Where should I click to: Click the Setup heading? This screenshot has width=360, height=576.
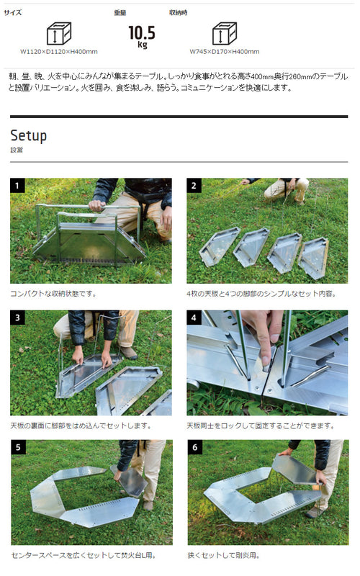pyautogui.click(x=29, y=135)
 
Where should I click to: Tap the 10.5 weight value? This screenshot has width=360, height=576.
pyautogui.click(x=142, y=32)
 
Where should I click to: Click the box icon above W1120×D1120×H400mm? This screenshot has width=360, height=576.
pyautogui.click(x=59, y=33)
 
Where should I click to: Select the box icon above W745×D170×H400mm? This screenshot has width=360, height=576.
pyautogui.click(x=225, y=33)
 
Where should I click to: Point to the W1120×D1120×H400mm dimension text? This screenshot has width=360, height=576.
pyautogui.click(x=59, y=52)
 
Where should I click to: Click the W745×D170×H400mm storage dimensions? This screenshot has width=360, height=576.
pyautogui.click(x=225, y=52)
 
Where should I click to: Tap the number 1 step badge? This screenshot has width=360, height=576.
pyautogui.click(x=17, y=186)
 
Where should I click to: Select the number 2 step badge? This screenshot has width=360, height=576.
pyautogui.click(x=194, y=186)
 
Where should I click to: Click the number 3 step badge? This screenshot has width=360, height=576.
pyautogui.click(x=17, y=318)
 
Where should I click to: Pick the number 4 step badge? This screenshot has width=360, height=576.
pyautogui.click(x=194, y=318)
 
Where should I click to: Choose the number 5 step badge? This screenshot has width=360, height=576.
pyautogui.click(x=18, y=447)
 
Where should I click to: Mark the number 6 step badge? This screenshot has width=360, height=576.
pyautogui.click(x=194, y=447)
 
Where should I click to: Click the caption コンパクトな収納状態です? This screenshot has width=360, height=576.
pyautogui.click(x=53, y=294)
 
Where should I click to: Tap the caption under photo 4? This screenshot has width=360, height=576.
pyautogui.click(x=261, y=426)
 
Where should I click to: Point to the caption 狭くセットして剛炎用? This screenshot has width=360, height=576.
pyautogui.click(x=224, y=555)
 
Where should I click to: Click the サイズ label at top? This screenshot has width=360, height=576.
pyautogui.click(x=12, y=12)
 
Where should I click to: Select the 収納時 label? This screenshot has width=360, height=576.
pyautogui.click(x=178, y=12)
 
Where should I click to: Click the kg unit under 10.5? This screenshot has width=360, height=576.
pyautogui.click(x=143, y=45)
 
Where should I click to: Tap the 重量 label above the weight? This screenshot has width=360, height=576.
pyautogui.click(x=120, y=13)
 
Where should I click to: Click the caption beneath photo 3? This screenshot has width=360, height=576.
pyautogui.click(x=81, y=426)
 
